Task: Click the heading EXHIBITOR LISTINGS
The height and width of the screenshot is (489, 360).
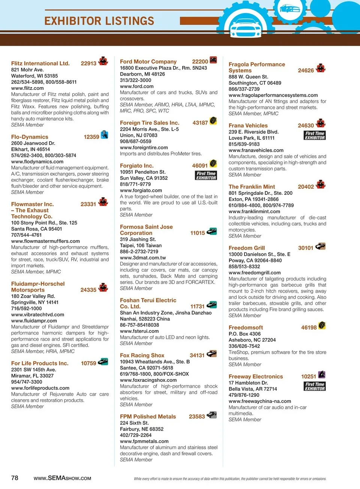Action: pos(99,21)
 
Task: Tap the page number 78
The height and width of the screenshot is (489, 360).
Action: pos(15,478)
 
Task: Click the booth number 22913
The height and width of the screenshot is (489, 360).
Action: pos(88,63)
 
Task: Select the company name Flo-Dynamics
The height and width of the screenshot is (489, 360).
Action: pos(30,137)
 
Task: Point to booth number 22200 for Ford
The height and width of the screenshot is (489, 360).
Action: pos(200,61)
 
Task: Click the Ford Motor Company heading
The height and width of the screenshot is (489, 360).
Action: pos(148,61)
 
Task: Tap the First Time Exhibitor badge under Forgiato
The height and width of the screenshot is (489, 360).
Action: pos(206,175)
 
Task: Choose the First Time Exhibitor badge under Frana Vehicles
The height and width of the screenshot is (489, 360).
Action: pos(315,135)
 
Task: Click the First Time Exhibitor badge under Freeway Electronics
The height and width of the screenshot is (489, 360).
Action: pos(315,386)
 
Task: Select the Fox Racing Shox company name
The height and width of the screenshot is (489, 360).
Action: pos(142,355)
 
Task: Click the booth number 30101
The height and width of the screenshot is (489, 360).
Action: pos(306,248)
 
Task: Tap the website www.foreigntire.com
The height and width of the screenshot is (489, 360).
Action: pos(144,148)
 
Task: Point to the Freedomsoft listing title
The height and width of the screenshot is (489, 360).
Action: pos(246,327)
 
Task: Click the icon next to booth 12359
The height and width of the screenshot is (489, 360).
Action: pos(105,135)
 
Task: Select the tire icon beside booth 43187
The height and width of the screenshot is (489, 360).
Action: pos(213,121)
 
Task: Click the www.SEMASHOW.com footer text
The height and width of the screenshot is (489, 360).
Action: pos(62,478)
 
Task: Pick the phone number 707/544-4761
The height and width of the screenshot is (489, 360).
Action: pos(26,235)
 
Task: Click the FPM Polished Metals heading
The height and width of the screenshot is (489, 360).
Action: pos(148,416)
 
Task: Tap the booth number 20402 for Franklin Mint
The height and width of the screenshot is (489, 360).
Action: pos(306,187)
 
